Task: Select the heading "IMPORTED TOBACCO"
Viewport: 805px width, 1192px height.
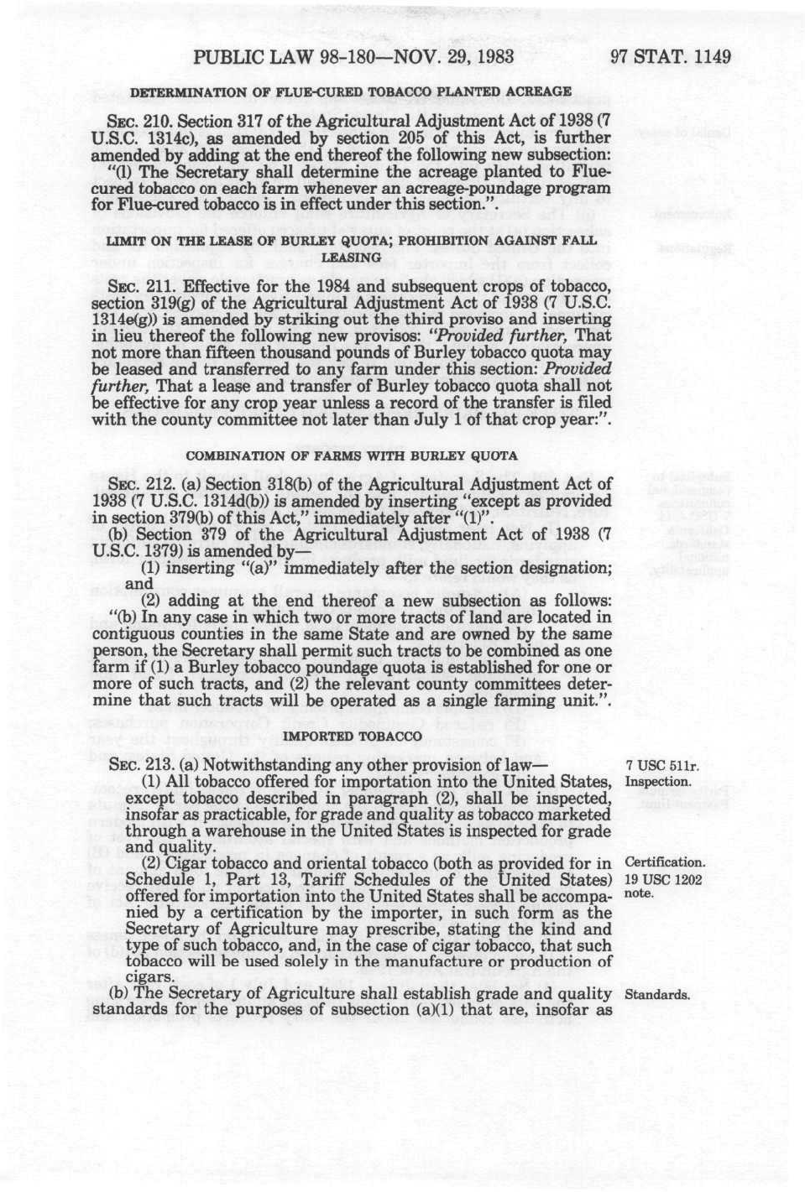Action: pyautogui.click(x=352, y=736)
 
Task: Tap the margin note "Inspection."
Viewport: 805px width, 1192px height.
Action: pyautogui.click(x=658, y=782)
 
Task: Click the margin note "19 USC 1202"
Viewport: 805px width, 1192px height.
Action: pyautogui.click(x=664, y=879)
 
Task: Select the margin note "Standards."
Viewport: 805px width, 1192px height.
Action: pyautogui.click(x=658, y=995)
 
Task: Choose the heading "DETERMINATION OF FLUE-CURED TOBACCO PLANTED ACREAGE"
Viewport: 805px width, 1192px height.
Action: pyautogui.click(x=351, y=91)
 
